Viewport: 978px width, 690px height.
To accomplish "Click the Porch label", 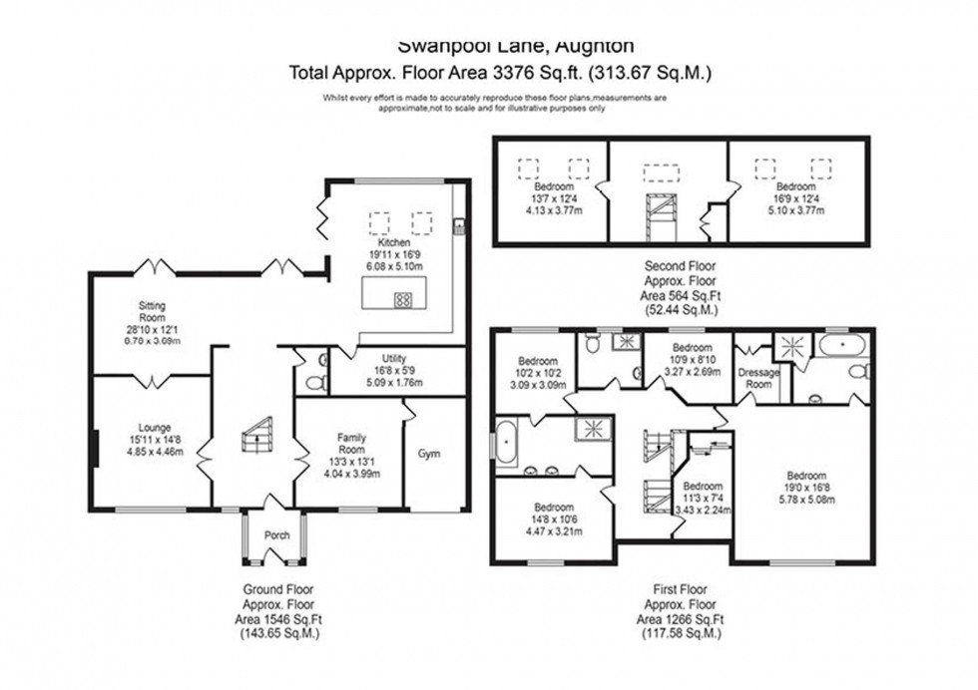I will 276,535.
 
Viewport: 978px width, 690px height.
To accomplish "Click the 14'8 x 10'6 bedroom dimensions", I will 553,519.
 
